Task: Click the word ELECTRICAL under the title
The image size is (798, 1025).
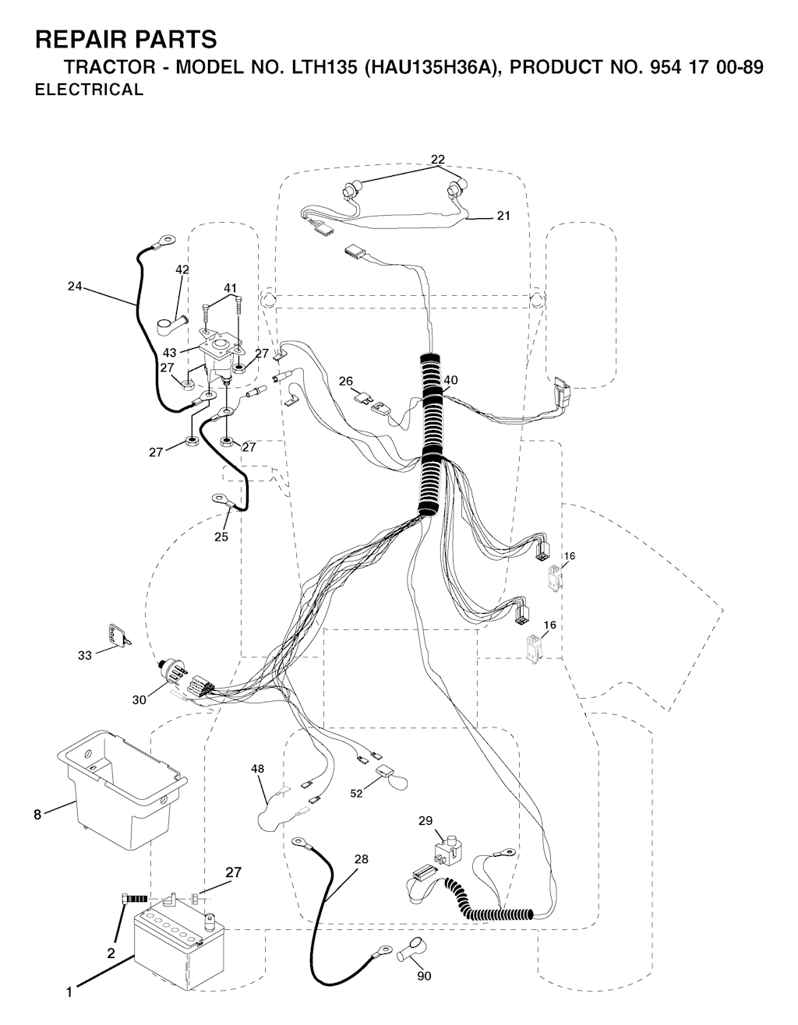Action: tap(89, 90)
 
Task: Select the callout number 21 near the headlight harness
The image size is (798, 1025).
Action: tap(503, 216)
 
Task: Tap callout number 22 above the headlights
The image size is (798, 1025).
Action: tap(438, 160)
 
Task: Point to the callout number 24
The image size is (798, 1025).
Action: tap(75, 286)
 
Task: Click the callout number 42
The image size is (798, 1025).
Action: tap(182, 269)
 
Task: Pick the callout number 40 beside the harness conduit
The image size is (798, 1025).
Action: tap(450, 380)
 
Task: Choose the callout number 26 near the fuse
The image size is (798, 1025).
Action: tap(346, 381)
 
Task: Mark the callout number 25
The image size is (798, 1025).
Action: tap(221, 537)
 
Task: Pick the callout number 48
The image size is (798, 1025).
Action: tap(257, 769)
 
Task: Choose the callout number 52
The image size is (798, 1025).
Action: tap(356, 794)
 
